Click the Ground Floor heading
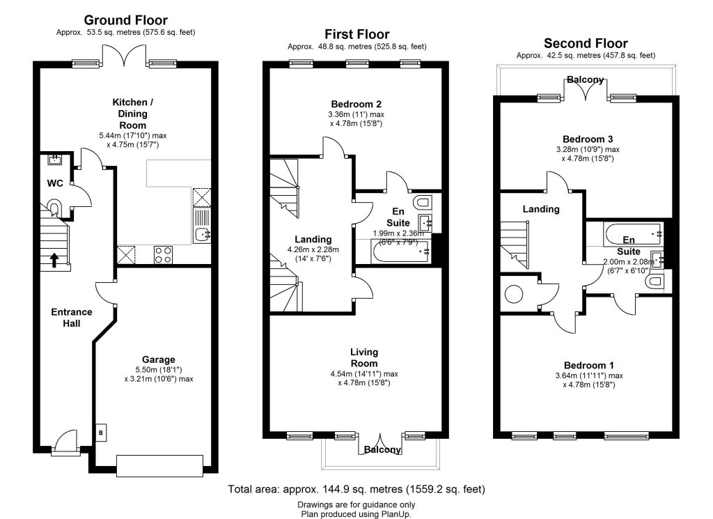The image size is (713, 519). (x=126, y=20)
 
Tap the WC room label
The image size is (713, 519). (x=55, y=183)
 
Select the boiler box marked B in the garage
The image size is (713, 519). (x=101, y=433)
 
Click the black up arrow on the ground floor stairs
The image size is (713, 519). (x=54, y=260)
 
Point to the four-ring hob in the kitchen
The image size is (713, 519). (x=163, y=255)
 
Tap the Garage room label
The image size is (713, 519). (x=158, y=359)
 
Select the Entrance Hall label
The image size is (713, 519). (x=72, y=318)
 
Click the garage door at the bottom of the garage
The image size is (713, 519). (x=159, y=466)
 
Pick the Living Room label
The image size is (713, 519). (x=363, y=357)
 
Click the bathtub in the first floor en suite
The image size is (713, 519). (x=400, y=252)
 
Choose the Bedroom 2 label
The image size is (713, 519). (x=356, y=104)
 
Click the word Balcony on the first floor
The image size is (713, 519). (x=382, y=449)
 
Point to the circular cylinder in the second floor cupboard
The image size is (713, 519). (x=514, y=294)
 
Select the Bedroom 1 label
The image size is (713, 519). (x=589, y=365)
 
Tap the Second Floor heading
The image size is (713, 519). (x=586, y=43)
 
